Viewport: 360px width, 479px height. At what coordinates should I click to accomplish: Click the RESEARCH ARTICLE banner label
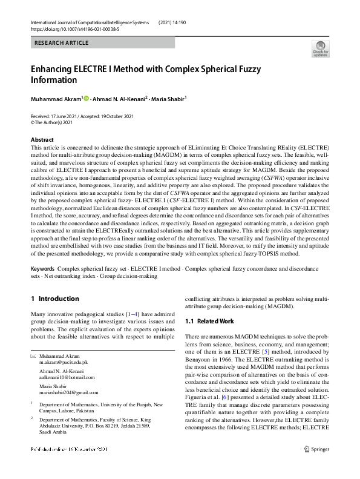click(x=62, y=43)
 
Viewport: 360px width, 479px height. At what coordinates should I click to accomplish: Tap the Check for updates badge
click(x=320, y=48)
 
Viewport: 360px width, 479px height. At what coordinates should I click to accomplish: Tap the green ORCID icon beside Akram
click(x=86, y=98)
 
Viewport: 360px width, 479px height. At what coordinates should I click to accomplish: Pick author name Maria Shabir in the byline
click(x=168, y=98)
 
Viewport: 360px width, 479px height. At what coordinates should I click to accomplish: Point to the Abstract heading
click(x=42, y=139)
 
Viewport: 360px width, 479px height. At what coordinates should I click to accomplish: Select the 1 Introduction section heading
click(x=54, y=299)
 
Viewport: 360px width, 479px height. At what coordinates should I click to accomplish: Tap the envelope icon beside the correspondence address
click(x=33, y=356)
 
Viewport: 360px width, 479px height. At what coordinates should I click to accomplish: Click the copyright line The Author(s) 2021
click(x=57, y=122)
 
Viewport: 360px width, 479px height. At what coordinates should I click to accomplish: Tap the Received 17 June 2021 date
click(x=57, y=116)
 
